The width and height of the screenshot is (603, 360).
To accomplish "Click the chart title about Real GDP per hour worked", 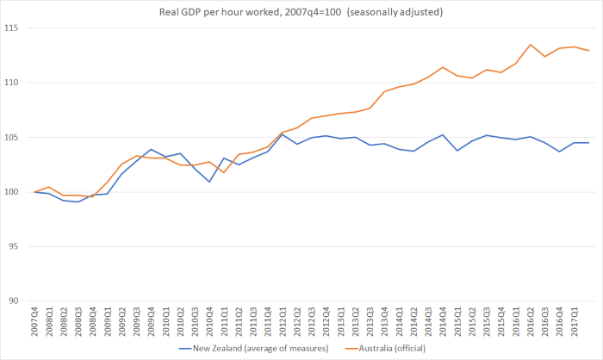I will [x=301, y=11].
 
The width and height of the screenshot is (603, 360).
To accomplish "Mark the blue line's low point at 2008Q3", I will [x=78, y=202].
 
